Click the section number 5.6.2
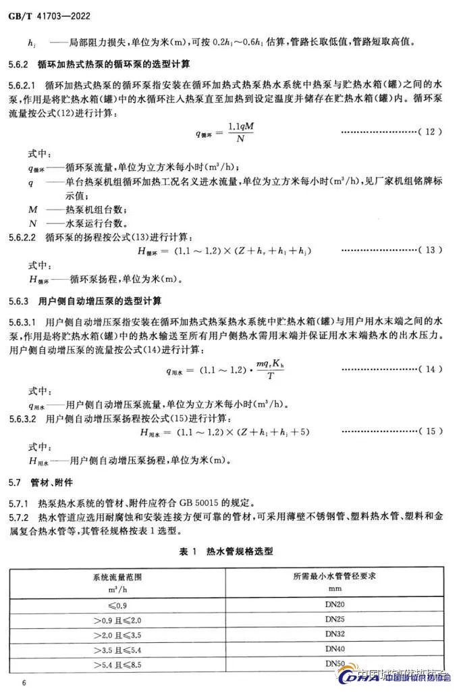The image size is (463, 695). pos(22,65)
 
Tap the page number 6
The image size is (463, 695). pos(24,683)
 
